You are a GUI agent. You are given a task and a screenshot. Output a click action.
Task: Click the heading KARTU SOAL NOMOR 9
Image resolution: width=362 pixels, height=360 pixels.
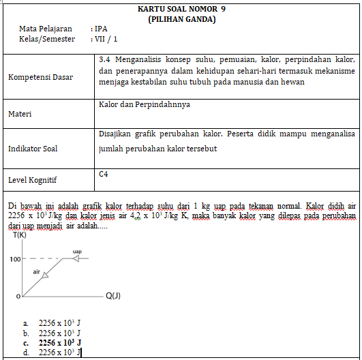(181, 9)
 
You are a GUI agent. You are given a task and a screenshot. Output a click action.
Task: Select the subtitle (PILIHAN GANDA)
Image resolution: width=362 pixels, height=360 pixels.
(181, 19)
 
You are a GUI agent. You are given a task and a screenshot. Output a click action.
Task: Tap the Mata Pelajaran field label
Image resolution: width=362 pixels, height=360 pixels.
(46, 29)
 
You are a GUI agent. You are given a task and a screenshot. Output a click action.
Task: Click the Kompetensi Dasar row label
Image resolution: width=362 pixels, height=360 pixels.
(40, 77)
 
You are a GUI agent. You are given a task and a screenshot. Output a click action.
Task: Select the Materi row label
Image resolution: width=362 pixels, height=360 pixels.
(21, 115)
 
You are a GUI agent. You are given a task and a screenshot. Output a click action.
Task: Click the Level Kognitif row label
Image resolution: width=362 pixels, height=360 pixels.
(33, 180)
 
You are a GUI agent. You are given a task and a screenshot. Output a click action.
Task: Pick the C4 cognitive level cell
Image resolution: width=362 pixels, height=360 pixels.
(104, 175)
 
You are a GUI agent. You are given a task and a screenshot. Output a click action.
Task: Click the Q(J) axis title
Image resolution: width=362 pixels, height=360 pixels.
(114, 296)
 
